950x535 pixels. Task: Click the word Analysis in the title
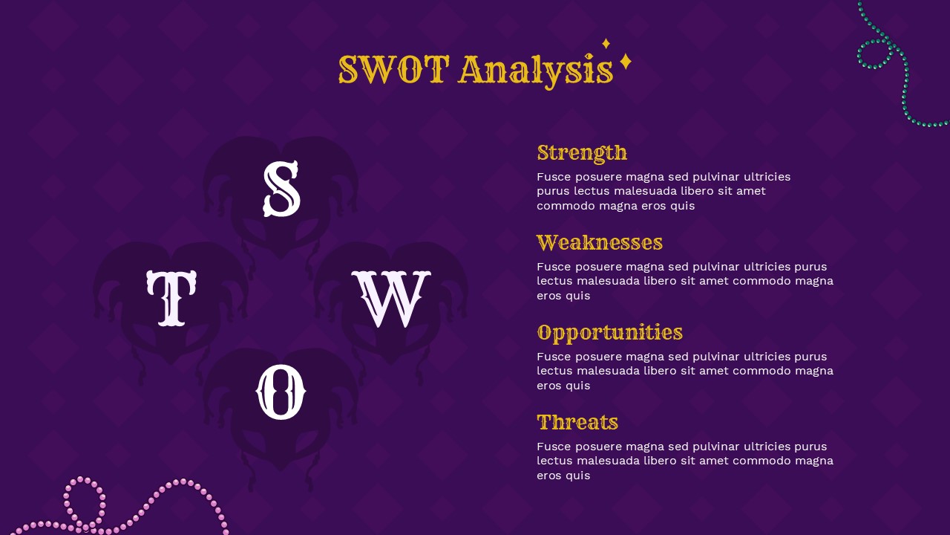(x=536, y=71)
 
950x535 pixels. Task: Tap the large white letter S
(x=281, y=189)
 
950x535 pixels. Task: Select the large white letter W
(x=390, y=299)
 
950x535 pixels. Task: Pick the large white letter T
(x=171, y=298)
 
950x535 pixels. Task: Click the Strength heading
(x=582, y=153)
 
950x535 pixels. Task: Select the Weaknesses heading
(x=599, y=243)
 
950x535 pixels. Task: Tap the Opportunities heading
(x=609, y=333)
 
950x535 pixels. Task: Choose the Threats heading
(x=577, y=423)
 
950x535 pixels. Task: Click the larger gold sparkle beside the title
(x=626, y=62)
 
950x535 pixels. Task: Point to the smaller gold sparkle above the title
(x=606, y=43)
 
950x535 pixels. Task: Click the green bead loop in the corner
(x=875, y=54)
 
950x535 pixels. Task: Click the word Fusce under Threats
(x=554, y=447)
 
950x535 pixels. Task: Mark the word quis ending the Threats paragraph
(x=577, y=476)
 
